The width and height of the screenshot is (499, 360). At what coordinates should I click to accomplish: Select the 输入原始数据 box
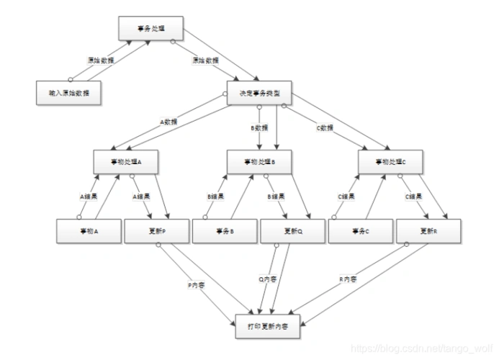[x=68, y=93]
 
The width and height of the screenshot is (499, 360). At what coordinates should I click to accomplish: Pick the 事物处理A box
[x=125, y=161]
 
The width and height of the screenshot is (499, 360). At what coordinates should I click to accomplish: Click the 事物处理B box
[x=259, y=161]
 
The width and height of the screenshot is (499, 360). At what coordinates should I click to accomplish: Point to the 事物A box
[x=89, y=230]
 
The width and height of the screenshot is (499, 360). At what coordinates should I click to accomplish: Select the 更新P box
[x=156, y=230]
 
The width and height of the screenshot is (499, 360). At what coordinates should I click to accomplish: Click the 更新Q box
[x=292, y=230]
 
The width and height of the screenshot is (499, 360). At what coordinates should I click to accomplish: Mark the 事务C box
[x=359, y=230]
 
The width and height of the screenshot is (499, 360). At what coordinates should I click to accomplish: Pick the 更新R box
[x=427, y=230]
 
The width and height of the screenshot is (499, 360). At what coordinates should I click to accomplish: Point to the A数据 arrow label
[x=168, y=122]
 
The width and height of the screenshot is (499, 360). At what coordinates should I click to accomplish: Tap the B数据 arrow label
[x=259, y=127]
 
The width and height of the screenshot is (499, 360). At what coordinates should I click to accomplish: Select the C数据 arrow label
[x=325, y=127]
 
